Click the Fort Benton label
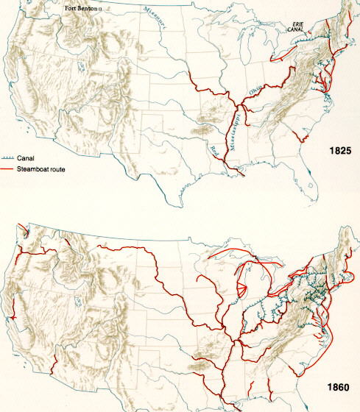[82, 9]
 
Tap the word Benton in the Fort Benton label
[91, 9]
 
